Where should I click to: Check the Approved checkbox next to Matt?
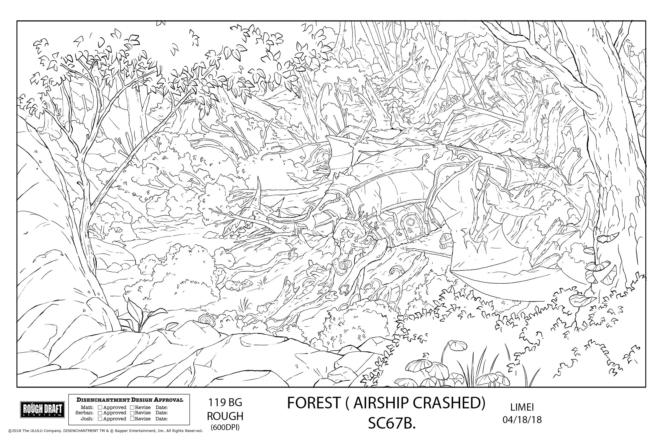pos(100,408)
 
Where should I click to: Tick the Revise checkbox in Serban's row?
pos(132,413)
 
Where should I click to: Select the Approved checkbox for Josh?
pos(100,419)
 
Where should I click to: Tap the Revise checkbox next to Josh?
pos(132,419)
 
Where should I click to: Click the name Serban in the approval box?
pos(84,413)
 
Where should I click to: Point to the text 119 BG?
pos(225,403)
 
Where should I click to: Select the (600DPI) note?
pos(225,427)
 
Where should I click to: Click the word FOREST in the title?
pos(313,403)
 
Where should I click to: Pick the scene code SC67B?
pos(392,424)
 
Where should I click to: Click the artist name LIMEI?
pos(522,407)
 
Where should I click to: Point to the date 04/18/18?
pos(522,420)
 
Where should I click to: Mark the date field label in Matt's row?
pos(162,408)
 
